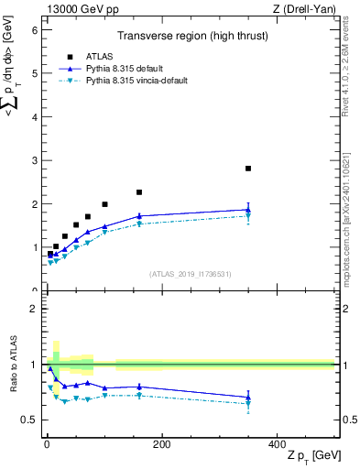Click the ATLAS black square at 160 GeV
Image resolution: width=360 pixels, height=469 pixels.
139,192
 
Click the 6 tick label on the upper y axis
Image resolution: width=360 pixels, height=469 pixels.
34,30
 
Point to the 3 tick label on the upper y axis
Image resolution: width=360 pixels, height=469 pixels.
34,160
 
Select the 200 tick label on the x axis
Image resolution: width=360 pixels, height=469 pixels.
161,443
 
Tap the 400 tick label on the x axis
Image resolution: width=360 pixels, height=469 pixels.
277,443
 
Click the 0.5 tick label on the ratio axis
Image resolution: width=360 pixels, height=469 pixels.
29,420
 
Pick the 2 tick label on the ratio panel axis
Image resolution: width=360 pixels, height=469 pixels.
34,309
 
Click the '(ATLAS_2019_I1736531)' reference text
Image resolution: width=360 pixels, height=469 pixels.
191,273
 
